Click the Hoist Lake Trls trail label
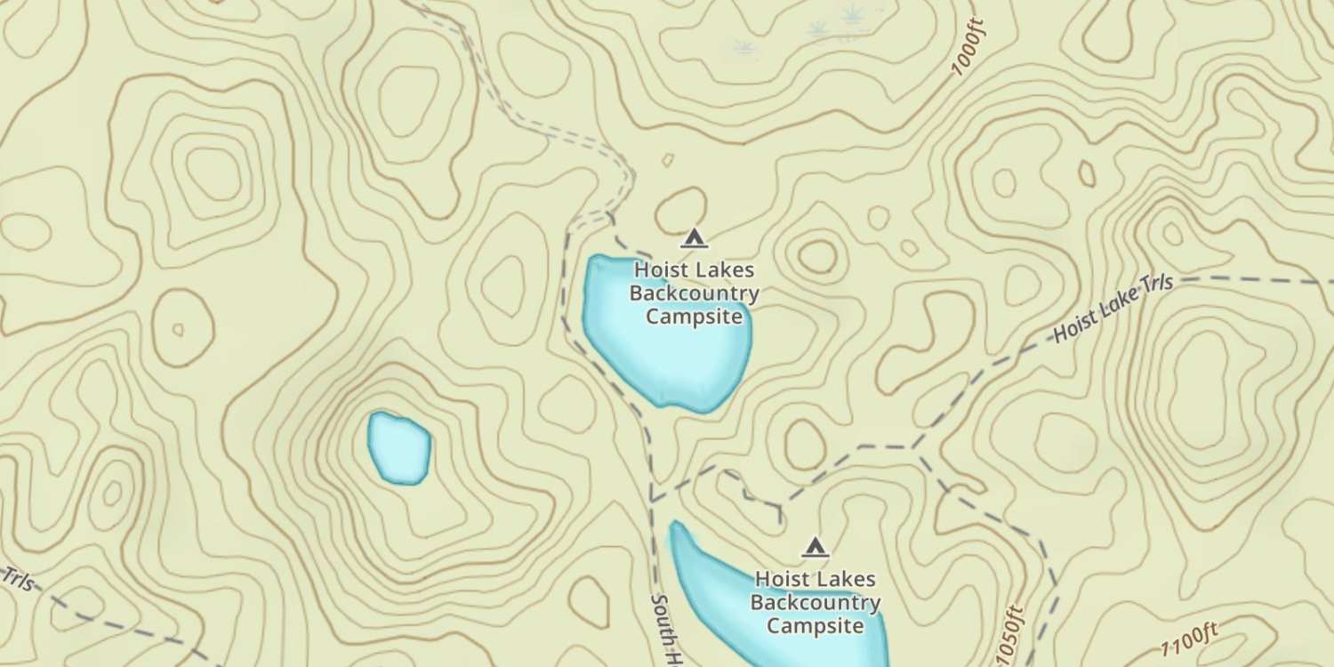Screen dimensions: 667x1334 (x=1113, y=308)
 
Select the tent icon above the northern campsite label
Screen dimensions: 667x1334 (x=694, y=237)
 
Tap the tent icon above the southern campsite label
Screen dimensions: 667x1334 (x=815, y=546)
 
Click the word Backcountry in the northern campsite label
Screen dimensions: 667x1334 (x=694, y=293)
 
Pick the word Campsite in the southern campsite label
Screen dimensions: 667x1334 (x=816, y=625)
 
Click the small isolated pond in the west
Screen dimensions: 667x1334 (x=399, y=447)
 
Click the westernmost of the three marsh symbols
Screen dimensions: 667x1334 (x=743, y=47)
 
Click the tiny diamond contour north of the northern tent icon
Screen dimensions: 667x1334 (x=667, y=160)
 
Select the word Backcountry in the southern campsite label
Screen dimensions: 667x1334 (x=816, y=603)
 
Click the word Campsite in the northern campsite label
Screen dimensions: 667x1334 (x=694, y=316)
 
